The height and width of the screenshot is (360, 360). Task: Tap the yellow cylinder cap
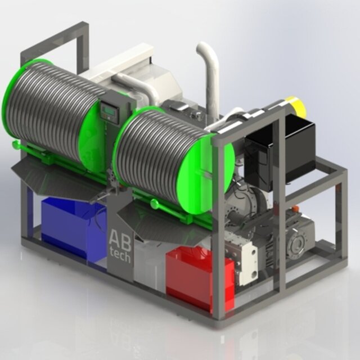pos(296,106)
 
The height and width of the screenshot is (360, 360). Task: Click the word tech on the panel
pos(120,255)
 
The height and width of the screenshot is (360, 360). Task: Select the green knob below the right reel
pos(155,203)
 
